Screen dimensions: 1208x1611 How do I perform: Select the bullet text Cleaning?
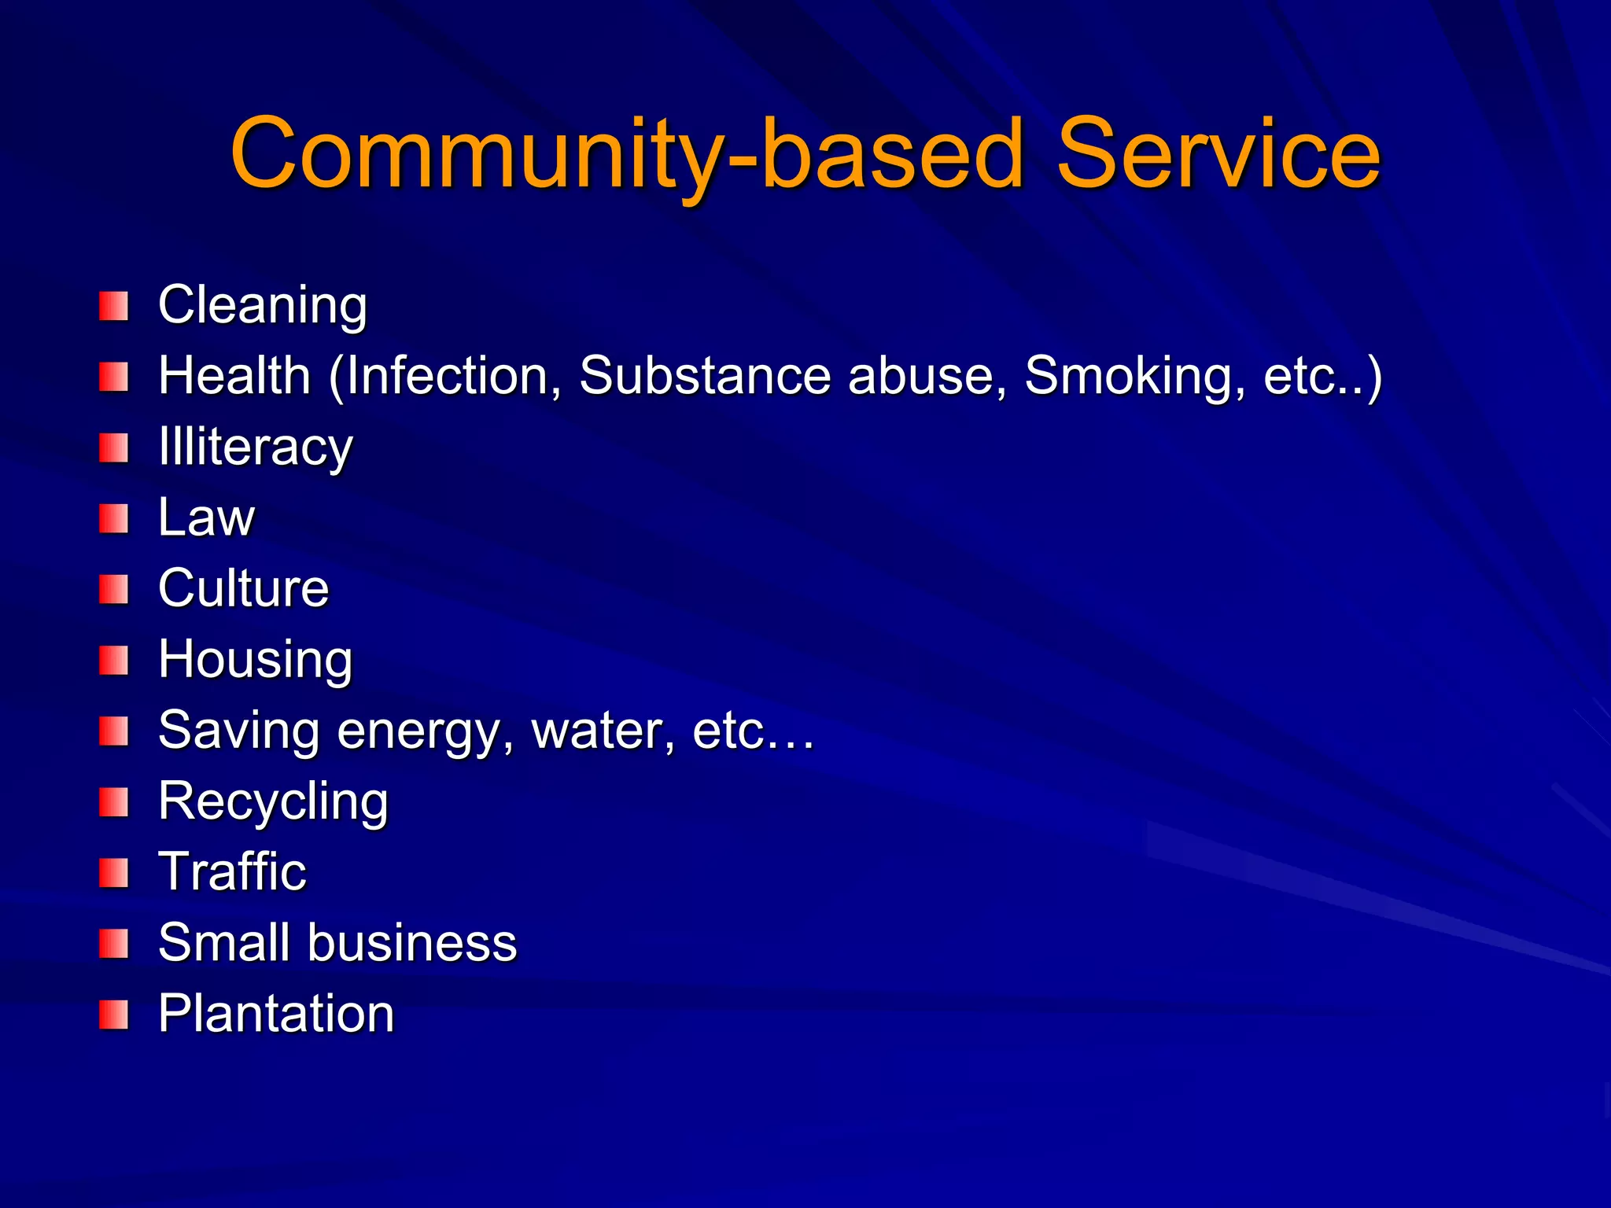[x=263, y=305]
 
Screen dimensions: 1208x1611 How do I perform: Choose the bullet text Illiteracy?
[x=256, y=447]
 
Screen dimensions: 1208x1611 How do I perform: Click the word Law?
[x=207, y=517]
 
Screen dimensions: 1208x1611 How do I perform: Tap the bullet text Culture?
[x=244, y=588]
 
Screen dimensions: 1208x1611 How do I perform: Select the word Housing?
[x=256, y=660]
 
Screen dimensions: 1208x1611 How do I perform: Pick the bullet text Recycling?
[x=273, y=802]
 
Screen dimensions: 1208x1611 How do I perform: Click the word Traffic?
[x=232, y=871]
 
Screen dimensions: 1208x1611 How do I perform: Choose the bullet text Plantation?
[x=276, y=1013]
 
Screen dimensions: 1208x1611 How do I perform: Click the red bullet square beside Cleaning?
[x=114, y=306]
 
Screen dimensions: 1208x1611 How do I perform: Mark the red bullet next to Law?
[x=114, y=519]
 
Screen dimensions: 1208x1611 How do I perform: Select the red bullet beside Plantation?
[x=114, y=1015]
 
